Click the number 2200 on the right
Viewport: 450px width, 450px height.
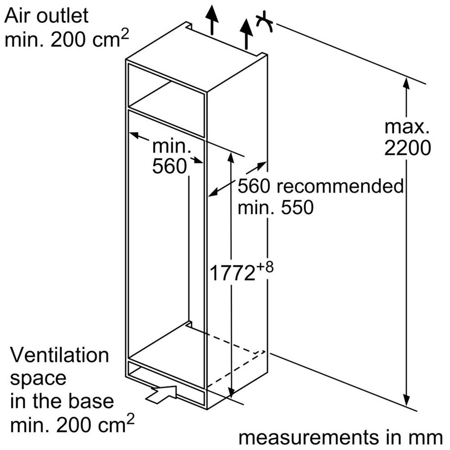pyautogui.click(x=407, y=148)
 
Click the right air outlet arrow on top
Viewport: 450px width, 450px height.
pyautogui.click(x=246, y=34)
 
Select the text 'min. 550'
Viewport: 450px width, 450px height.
pyautogui.click(x=275, y=208)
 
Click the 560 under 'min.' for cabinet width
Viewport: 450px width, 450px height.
pyautogui.click(x=169, y=167)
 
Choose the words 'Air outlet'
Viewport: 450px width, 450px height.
pyautogui.click(x=46, y=17)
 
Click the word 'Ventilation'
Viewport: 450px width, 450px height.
pyautogui.click(x=59, y=355)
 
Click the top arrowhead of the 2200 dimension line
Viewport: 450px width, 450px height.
pyautogui.click(x=407, y=83)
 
